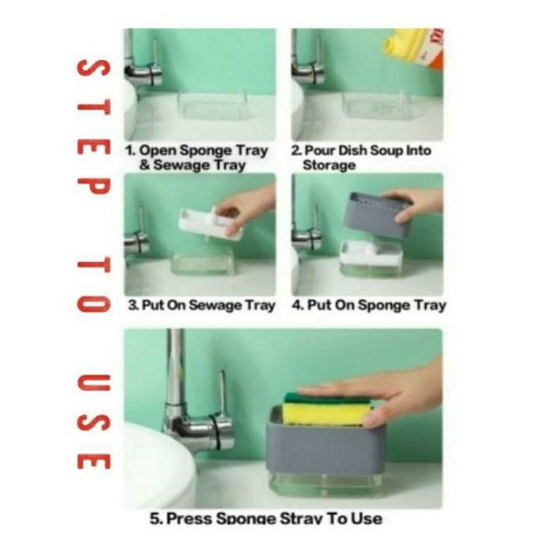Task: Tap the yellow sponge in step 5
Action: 326,413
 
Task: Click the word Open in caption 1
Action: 158,151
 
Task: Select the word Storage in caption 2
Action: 329,165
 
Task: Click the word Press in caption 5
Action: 189,519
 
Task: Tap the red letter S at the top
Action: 94,68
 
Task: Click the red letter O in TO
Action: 94,304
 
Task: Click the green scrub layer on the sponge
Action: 326,398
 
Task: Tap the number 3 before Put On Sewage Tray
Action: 132,305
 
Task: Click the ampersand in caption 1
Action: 145,164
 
